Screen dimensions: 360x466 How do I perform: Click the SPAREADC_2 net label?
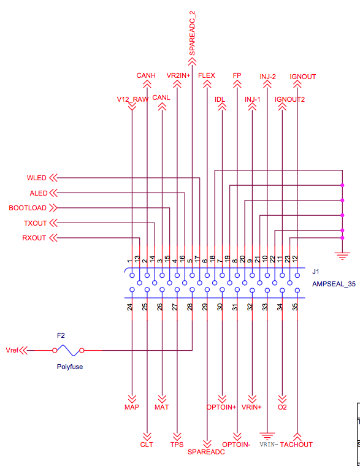pos(192,33)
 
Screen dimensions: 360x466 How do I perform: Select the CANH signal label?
pos(146,75)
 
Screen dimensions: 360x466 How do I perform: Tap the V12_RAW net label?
pos(132,99)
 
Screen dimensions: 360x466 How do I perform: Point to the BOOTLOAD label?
pos(28,208)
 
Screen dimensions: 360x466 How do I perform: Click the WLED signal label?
pos(37,178)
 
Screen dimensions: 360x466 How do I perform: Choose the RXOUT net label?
pos(34,238)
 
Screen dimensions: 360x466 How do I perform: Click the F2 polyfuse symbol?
pos(68,350)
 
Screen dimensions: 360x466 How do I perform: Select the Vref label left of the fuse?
pos(12,350)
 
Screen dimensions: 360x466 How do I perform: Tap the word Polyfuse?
pos(70,367)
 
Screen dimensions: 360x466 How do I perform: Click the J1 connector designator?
pos(316,272)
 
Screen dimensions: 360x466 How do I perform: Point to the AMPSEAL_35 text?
pos(334,284)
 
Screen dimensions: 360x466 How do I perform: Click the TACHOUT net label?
pos(296,445)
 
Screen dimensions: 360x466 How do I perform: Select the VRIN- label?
pos(269,445)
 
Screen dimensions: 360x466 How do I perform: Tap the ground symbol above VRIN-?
pos(267,436)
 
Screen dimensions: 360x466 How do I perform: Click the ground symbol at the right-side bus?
pos(342,256)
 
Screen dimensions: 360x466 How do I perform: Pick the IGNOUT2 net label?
pos(290,99)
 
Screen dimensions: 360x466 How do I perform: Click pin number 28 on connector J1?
pos(190,307)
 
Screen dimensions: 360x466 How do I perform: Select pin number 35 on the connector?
pos(295,307)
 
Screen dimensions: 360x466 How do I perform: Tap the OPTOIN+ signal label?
pos(221,407)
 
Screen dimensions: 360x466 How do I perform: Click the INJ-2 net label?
pos(267,77)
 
